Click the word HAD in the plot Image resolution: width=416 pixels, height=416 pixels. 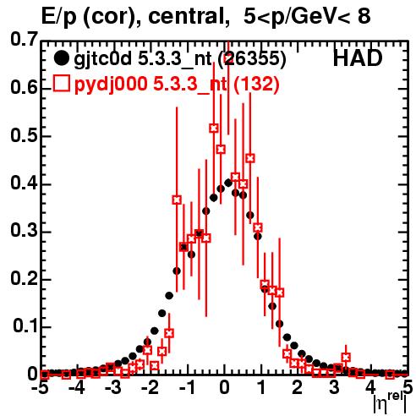point(358,58)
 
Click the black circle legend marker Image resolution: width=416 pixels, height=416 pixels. point(61,58)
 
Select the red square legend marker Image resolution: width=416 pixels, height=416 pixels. point(61,83)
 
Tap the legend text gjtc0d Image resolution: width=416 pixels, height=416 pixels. point(102,59)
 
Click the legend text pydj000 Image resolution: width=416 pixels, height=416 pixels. point(111,85)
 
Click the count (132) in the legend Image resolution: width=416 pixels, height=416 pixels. point(256,85)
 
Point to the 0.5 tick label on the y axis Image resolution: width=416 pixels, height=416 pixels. point(24,136)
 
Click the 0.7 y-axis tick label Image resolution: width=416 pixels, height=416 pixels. point(24,39)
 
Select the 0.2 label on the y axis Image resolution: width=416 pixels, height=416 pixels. point(24,279)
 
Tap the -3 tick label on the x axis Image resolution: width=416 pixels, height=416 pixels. point(112,387)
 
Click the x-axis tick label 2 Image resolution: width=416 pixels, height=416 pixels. point(297,387)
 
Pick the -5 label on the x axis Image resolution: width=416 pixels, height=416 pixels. point(41,387)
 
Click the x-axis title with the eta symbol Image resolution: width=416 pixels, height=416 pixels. point(390,403)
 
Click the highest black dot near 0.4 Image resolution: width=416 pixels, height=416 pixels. point(228,183)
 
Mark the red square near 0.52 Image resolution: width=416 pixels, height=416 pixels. point(214,129)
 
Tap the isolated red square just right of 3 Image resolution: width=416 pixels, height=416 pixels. point(346,358)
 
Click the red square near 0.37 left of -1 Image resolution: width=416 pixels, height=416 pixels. point(177,200)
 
